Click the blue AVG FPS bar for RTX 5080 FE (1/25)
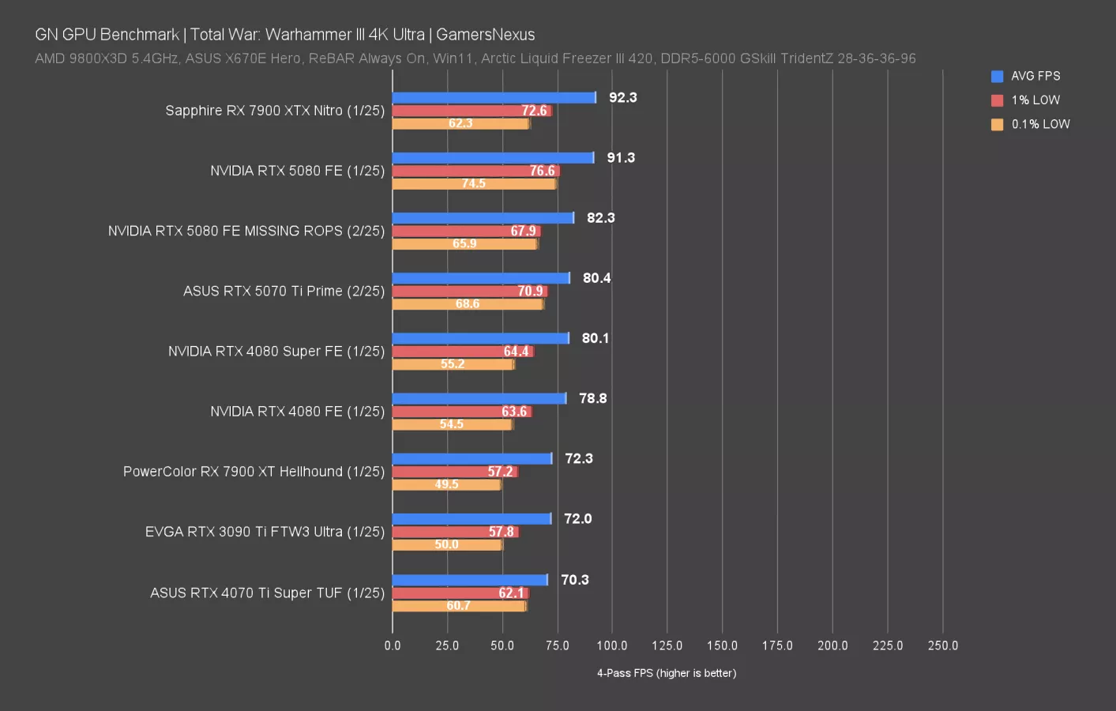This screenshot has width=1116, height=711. click(493, 158)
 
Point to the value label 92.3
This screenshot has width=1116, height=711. click(622, 98)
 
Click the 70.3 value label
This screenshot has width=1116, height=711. click(575, 580)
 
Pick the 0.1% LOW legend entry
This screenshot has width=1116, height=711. click(1031, 124)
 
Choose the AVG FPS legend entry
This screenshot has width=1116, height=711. click(1026, 76)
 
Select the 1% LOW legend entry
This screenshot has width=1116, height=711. click(1026, 100)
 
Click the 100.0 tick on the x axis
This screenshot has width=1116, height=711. click(612, 645)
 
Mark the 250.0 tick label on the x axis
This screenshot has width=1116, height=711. click(942, 645)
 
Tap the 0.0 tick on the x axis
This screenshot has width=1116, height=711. click(393, 645)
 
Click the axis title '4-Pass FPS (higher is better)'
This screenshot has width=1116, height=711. click(667, 673)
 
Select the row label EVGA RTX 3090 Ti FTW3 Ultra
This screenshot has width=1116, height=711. click(265, 532)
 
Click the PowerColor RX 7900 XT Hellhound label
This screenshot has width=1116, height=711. click(254, 472)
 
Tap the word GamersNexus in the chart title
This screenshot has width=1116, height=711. click(485, 35)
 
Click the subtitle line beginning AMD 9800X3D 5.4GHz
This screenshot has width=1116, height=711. click(475, 58)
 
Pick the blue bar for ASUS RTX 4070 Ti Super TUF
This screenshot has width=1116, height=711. click(470, 580)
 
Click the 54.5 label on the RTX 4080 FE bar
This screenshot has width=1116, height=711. click(451, 424)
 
